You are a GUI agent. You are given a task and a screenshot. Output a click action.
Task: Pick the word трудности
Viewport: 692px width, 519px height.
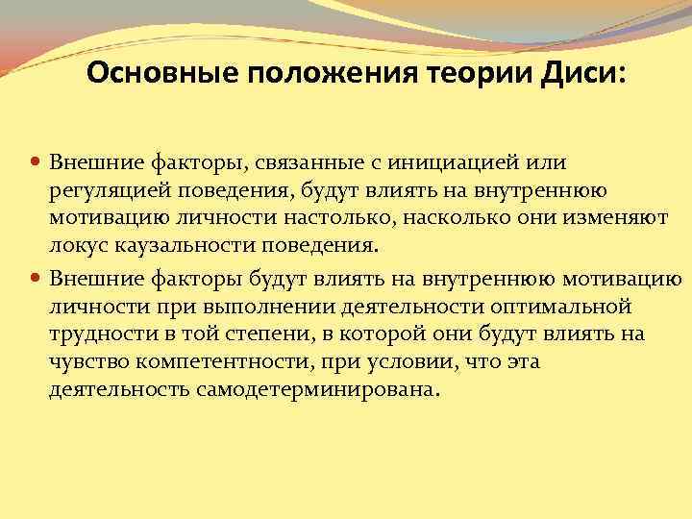100,334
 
